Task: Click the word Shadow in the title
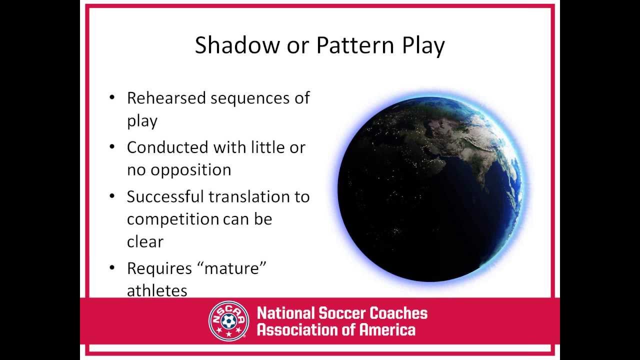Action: pyautogui.click(x=237, y=45)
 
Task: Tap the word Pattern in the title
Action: pyautogui.click(x=355, y=45)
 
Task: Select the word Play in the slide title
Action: pyautogui.click(x=423, y=46)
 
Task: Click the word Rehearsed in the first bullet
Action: pyautogui.click(x=166, y=98)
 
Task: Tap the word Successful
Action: pyautogui.click(x=165, y=196)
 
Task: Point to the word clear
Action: pyautogui.click(x=145, y=241)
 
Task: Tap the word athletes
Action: pyautogui.click(x=157, y=291)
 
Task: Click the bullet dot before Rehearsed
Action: pyautogui.click(x=112, y=97)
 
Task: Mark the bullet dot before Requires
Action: pyautogui.click(x=112, y=267)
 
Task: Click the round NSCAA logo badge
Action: pyautogui.click(x=228, y=321)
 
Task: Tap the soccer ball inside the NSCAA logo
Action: pyautogui.click(x=228, y=321)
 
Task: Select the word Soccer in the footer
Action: pyautogui.click(x=342, y=313)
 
